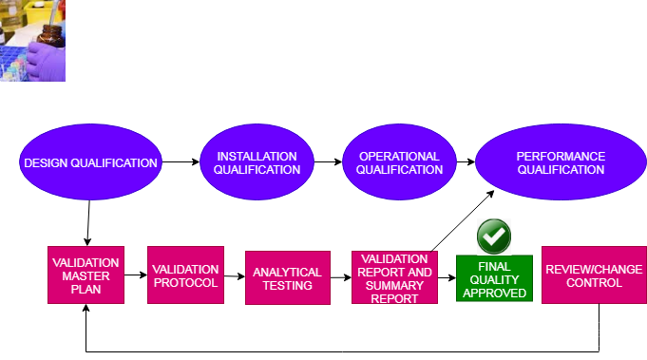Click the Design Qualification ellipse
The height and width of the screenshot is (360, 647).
point(90,162)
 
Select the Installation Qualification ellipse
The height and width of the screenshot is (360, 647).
point(257,162)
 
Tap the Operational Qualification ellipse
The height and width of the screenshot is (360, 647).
point(399,162)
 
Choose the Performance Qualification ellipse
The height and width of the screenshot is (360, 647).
point(561,162)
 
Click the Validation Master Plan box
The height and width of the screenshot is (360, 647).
point(86,275)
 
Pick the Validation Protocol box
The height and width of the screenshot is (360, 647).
point(185,275)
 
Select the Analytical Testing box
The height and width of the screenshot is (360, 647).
point(287,278)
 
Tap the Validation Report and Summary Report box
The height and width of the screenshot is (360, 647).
point(394,277)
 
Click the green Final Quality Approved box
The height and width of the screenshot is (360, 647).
point(494,279)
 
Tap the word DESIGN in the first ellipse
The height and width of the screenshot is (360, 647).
point(47,162)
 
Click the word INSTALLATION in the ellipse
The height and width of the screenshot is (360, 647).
point(257,156)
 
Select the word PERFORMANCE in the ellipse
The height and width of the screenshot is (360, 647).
point(561,156)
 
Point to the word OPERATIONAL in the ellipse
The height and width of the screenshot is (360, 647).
point(399,156)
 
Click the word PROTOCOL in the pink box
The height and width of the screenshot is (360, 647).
point(185,282)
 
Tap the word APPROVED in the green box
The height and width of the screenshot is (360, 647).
point(494,294)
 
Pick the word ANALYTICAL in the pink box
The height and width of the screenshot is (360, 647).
point(287,273)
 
